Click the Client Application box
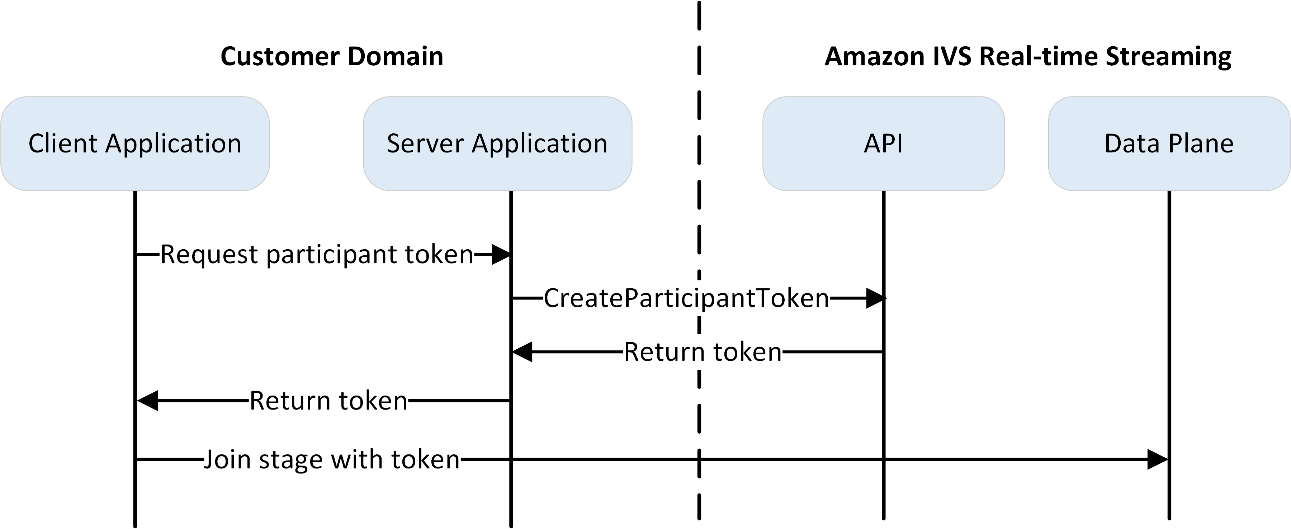(x=135, y=143)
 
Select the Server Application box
(x=497, y=143)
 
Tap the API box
(x=883, y=143)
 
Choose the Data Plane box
(x=1169, y=143)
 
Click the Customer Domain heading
(x=332, y=56)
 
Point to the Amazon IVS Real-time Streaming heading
(x=1027, y=56)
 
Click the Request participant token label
(x=317, y=254)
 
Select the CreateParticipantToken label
(x=686, y=298)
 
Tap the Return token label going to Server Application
(x=703, y=351)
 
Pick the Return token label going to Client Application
(x=328, y=400)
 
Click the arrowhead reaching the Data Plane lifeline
(x=1157, y=459)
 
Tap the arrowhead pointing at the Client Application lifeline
(x=148, y=401)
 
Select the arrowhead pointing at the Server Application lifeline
(x=522, y=352)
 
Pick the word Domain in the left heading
(x=396, y=56)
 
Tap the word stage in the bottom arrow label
(x=291, y=460)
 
